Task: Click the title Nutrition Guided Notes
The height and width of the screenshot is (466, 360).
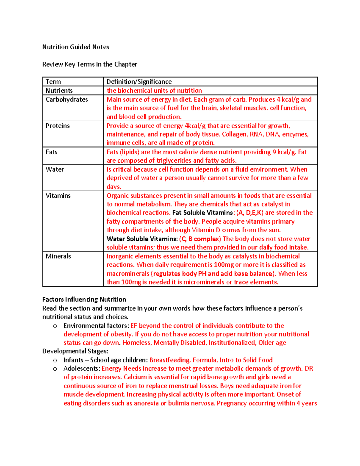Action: (x=76, y=47)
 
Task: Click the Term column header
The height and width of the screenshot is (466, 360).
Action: (x=53, y=82)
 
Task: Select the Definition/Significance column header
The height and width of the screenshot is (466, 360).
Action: (x=139, y=82)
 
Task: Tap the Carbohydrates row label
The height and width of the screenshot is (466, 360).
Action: (x=67, y=99)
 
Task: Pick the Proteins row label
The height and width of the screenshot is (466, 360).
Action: (x=58, y=126)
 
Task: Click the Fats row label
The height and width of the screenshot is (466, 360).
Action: (x=51, y=152)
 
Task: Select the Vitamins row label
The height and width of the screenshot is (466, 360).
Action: (x=58, y=196)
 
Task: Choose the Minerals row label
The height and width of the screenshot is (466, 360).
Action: (x=58, y=256)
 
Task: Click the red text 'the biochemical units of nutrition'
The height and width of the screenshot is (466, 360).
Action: (x=154, y=91)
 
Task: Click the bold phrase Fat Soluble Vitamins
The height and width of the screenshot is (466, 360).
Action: (x=203, y=213)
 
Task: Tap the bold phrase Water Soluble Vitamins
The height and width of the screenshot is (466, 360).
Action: (x=142, y=239)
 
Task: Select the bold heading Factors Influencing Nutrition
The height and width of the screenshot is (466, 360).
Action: (x=84, y=299)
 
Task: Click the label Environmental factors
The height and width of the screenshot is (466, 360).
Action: (x=96, y=326)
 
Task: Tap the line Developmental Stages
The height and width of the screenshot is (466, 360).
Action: (x=75, y=351)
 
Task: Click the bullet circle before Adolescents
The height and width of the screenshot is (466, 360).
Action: (x=55, y=369)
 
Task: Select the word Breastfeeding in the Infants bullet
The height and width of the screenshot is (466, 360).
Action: (x=170, y=360)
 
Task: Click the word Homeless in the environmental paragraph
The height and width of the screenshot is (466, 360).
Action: (x=137, y=343)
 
